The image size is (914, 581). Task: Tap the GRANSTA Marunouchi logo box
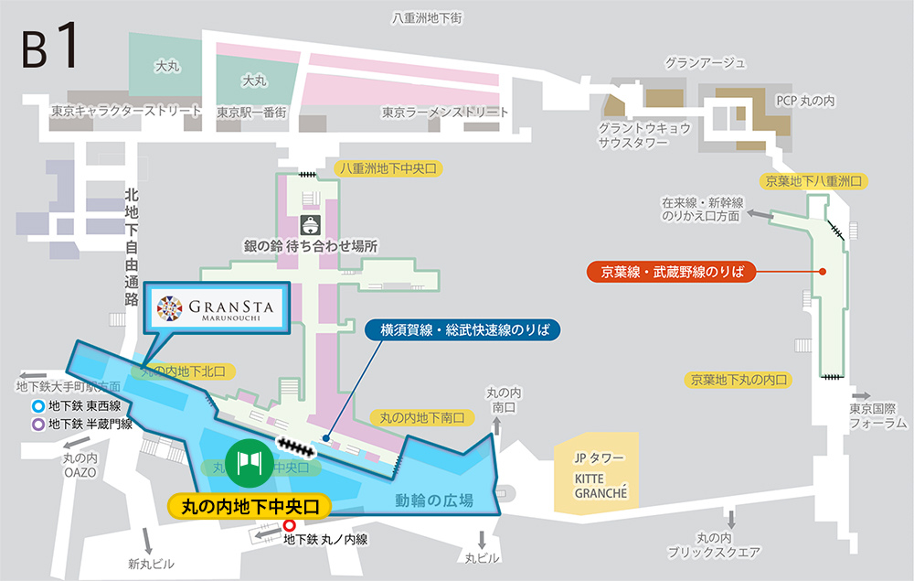(217, 307)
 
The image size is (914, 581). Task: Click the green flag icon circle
(250, 459)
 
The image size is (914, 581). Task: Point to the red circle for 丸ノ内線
(290, 526)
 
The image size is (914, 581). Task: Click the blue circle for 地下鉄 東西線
(37, 406)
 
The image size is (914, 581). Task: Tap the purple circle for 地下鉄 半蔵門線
(37, 424)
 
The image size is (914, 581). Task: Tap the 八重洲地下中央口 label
(389, 168)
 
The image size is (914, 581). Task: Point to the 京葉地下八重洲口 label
(813, 182)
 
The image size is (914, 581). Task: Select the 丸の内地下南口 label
(422, 417)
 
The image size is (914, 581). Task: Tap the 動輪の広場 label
(434, 500)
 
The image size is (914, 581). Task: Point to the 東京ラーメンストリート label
(445, 112)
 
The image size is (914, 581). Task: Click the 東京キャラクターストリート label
(126, 112)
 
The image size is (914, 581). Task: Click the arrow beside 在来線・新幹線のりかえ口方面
(759, 213)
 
